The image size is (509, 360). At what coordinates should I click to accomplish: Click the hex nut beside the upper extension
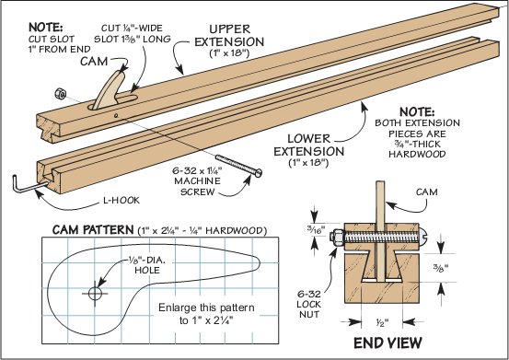point(61,94)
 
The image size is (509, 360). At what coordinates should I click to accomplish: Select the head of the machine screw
point(258,173)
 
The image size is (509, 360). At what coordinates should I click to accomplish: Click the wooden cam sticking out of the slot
point(109,90)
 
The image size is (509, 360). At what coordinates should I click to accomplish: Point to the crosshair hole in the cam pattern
point(95,294)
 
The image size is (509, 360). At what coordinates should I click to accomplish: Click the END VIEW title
point(388,343)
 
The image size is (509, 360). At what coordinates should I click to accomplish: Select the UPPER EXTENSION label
point(229,41)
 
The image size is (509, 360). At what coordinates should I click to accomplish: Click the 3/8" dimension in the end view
point(441,268)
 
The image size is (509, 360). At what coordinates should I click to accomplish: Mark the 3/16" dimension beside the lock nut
point(314,229)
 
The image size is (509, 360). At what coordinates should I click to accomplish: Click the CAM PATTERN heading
point(93,230)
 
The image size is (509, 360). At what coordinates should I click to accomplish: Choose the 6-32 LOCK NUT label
point(308,304)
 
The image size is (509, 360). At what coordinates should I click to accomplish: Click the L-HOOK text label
point(121,201)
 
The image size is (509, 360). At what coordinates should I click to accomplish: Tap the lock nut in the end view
point(336,237)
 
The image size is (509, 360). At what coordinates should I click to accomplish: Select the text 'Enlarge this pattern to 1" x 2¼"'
point(206,314)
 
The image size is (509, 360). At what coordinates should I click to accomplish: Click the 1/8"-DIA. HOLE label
point(146,265)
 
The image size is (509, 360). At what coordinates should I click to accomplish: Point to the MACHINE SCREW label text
point(198,180)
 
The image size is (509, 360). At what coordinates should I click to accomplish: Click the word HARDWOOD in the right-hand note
point(417,154)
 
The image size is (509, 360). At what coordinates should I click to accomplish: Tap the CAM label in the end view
point(426,192)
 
